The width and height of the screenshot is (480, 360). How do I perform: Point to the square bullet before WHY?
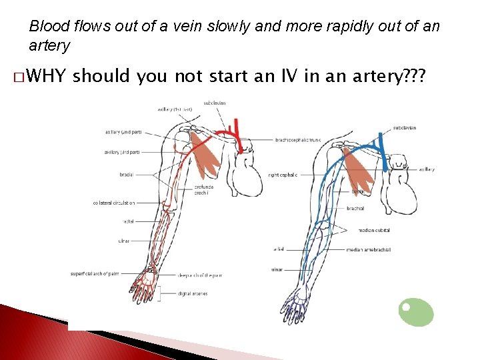coord(17,78)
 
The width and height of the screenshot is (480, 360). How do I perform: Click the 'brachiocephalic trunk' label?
coord(298,140)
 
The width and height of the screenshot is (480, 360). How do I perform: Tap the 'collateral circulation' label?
coord(114,203)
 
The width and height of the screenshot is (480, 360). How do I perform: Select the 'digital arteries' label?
coord(193,293)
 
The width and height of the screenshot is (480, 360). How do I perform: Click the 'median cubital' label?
coord(374,230)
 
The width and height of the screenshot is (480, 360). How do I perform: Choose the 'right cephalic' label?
coord(283,175)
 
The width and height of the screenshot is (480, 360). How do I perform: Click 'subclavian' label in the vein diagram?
coord(405,127)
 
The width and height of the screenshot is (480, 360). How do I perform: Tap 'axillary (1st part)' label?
coord(175,109)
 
